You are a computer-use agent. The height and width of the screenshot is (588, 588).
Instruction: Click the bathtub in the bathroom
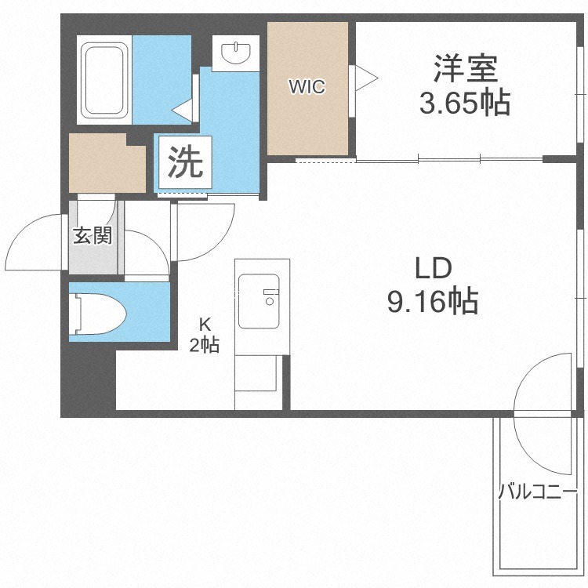point(104,79)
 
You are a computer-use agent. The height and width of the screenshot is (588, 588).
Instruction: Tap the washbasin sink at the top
point(236,53)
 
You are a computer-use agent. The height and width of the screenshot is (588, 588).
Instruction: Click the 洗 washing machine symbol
point(185,162)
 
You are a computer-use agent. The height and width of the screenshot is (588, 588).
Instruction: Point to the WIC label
point(307,86)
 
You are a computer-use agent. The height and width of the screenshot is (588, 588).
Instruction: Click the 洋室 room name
point(466,69)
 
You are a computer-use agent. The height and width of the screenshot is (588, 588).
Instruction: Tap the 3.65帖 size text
point(465,103)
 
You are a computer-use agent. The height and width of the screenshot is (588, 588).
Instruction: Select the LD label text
point(434,268)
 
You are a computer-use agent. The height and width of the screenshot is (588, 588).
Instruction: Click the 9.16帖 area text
point(433,301)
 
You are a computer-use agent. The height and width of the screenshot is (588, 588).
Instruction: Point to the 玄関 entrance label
point(93,235)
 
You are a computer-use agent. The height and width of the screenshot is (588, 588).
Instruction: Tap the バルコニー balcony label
point(537,492)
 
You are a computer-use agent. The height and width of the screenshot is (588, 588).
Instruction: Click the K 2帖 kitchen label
point(205,335)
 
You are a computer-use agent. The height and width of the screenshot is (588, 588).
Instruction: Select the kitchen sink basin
point(259,301)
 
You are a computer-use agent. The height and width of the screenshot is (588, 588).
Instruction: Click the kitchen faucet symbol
point(270,296)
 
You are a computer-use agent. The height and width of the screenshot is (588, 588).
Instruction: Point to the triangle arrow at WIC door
point(366,78)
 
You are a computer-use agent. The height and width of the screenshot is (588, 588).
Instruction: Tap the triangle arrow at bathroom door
point(182,110)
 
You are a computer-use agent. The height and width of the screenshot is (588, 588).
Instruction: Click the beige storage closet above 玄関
point(107,163)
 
